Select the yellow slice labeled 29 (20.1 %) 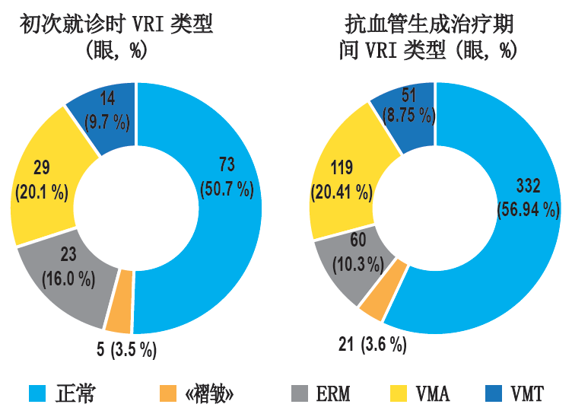(42, 179)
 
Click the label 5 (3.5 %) (125, 349)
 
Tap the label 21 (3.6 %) (372, 345)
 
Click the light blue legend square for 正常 (39, 393)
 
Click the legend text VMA (431, 394)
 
